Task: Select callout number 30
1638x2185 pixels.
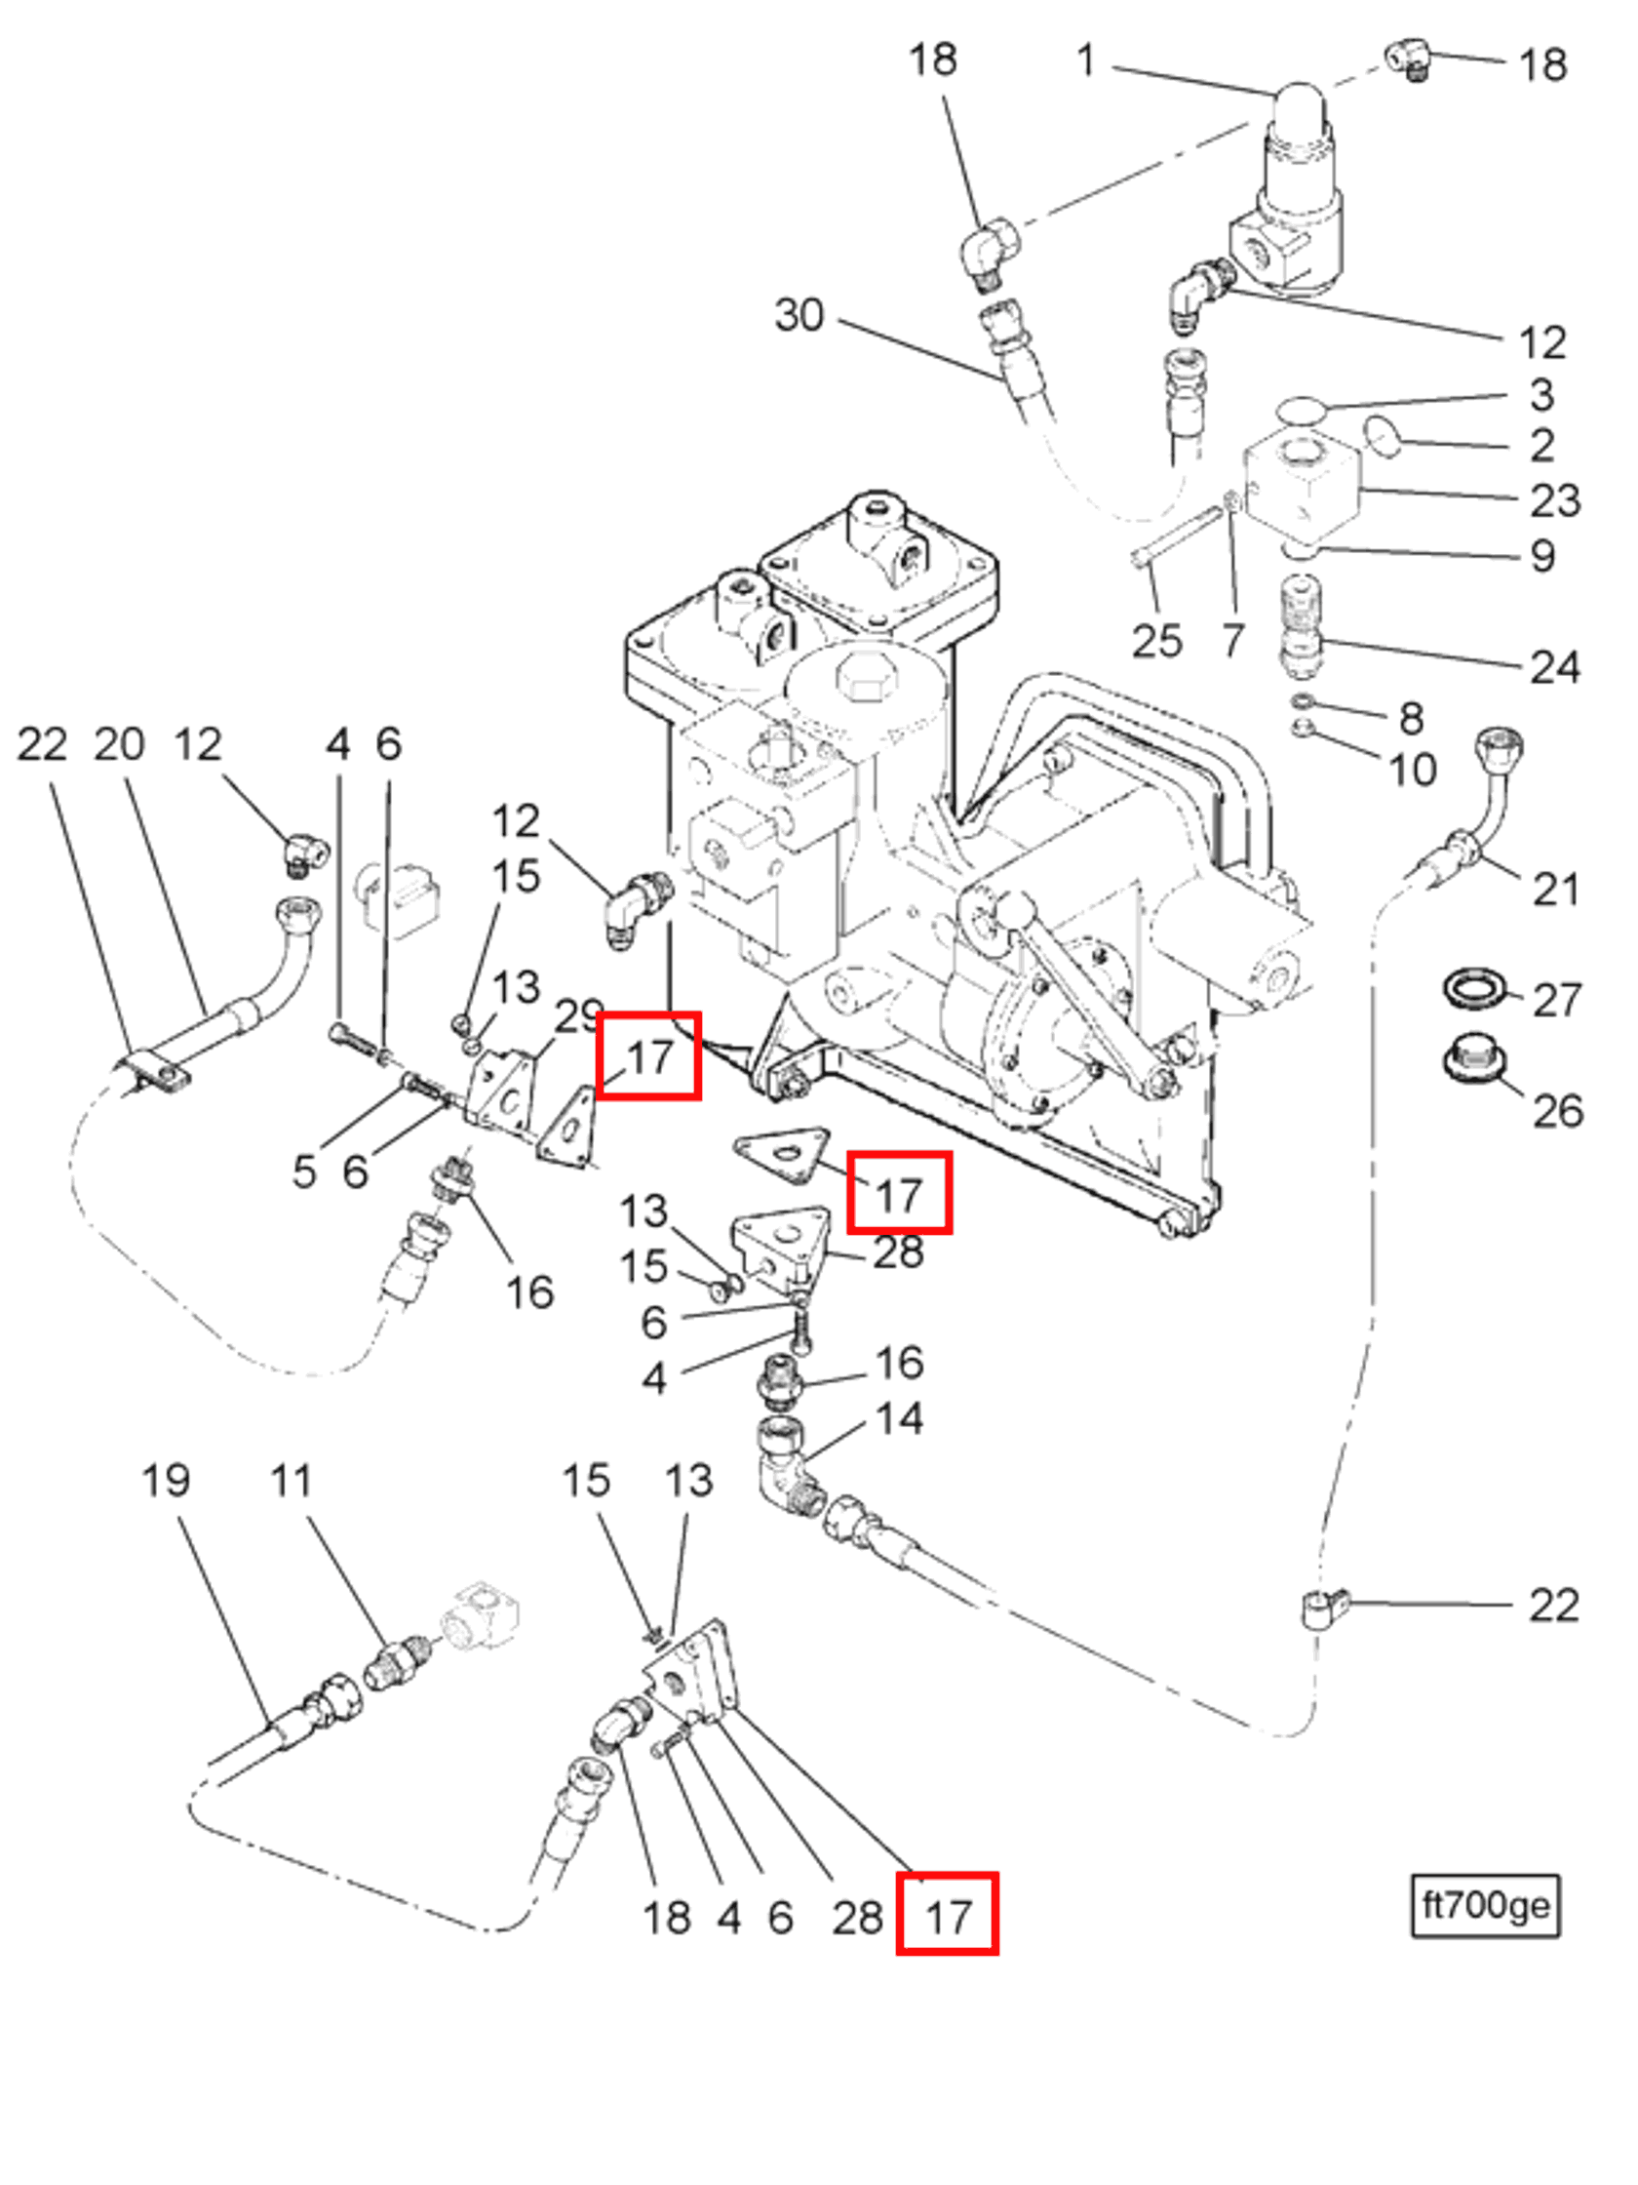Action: [798, 315]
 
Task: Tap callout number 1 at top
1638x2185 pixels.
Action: [1085, 60]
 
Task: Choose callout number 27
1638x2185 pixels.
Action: [1556, 1000]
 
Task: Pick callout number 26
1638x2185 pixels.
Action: [1556, 1110]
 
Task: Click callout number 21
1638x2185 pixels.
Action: [1555, 889]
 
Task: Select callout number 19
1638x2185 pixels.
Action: [165, 1480]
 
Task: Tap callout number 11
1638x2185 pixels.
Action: [291, 1480]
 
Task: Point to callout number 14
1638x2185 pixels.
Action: [899, 1418]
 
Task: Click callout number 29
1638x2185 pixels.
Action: [578, 1015]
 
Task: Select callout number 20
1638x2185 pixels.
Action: [119, 744]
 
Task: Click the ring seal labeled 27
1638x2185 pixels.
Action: [1475, 989]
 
